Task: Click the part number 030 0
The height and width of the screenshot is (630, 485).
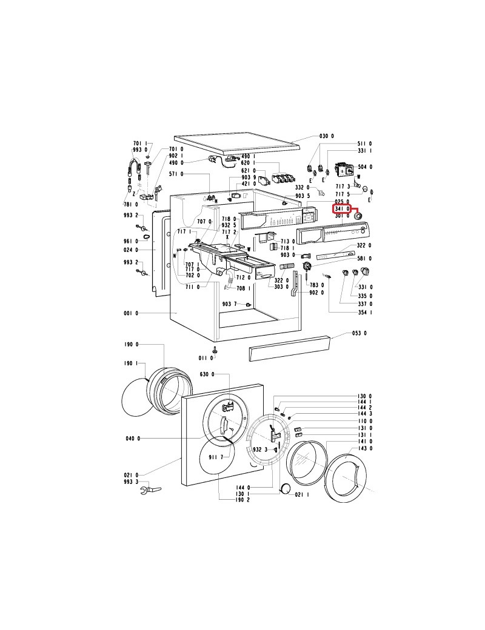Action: pyautogui.click(x=327, y=136)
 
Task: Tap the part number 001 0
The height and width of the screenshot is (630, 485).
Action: pyautogui.click(x=130, y=313)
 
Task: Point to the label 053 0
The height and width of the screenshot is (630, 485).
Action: pyautogui.click(x=361, y=333)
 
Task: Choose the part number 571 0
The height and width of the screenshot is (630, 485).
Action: pyautogui.click(x=175, y=174)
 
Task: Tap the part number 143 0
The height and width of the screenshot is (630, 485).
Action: pyautogui.click(x=365, y=448)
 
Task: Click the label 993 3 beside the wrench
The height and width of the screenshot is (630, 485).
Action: pyautogui.click(x=131, y=482)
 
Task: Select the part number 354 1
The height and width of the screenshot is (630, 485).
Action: pyautogui.click(x=365, y=312)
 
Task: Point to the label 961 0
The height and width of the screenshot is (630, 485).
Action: pyautogui.click(x=131, y=241)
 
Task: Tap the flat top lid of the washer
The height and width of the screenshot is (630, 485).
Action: pyautogui.click(x=236, y=144)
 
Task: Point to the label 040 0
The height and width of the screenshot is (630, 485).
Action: pyautogui.click(x=133, y=438)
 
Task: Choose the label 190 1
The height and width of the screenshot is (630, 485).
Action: pyautogui.click(x=131, y=363)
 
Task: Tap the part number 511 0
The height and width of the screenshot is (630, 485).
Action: pyautogui.click(x=365, y=144)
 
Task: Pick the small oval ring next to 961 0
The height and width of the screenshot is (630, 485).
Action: pyautogui.click(x=147, y=241)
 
